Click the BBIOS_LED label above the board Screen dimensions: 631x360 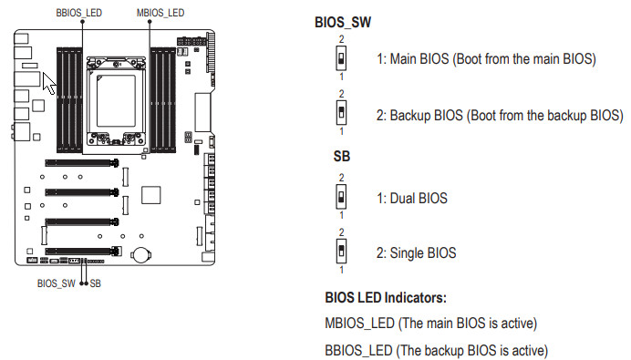coord(78,13)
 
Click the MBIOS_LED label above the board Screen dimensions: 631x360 coord(160,13)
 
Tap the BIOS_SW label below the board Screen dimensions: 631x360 coord(56,283)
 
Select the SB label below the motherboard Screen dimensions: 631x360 coord(96,283)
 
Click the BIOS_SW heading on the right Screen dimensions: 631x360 coord(343,22)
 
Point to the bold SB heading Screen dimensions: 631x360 coord(342,156)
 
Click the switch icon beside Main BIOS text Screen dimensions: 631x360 coord(341,58)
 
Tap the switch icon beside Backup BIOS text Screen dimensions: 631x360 coord(341,113)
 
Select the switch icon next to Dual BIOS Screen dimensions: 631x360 coord(341,197)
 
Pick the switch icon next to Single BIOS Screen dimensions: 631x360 coord(341,251)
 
